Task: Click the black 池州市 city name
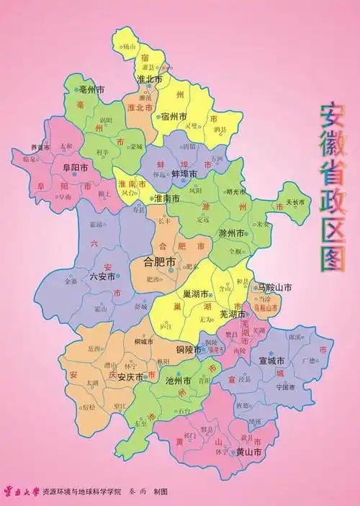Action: [x=178, y=380]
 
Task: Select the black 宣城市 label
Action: [x=272, y=360]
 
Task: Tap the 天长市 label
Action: [x=296, y=203]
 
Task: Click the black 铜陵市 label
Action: [x=187, y=349]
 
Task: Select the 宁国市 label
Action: [x=285, y=387]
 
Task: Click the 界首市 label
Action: [x=41, y=148]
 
